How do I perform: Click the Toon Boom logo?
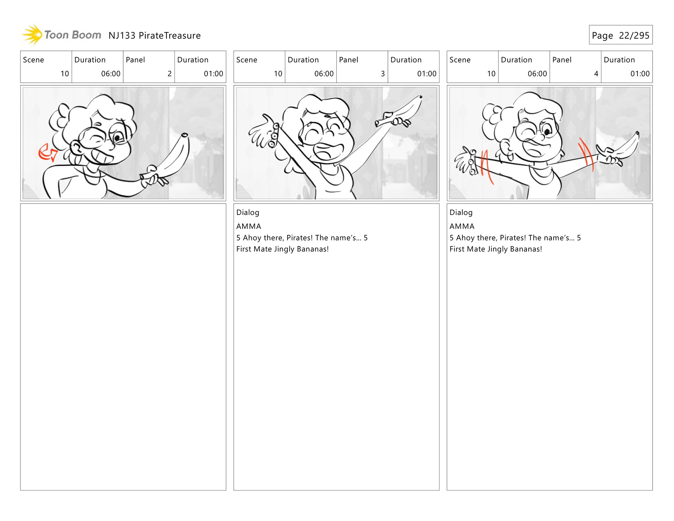(62, 35)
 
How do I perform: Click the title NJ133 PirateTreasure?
(154, 35)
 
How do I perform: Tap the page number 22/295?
(634, 35)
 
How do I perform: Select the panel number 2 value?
(170, 74)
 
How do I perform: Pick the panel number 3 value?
(383, 74)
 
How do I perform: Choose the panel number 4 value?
(596, 74)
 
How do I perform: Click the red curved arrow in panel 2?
(47, 153)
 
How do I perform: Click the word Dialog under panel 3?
(248, 212)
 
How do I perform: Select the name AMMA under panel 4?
(462, 226)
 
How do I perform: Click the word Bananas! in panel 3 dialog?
(313, 249)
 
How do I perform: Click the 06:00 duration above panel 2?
(111, 74)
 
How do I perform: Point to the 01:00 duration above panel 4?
(640, 74)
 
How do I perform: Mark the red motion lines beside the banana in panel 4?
(586, 154)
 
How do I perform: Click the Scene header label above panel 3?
(247, 60)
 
